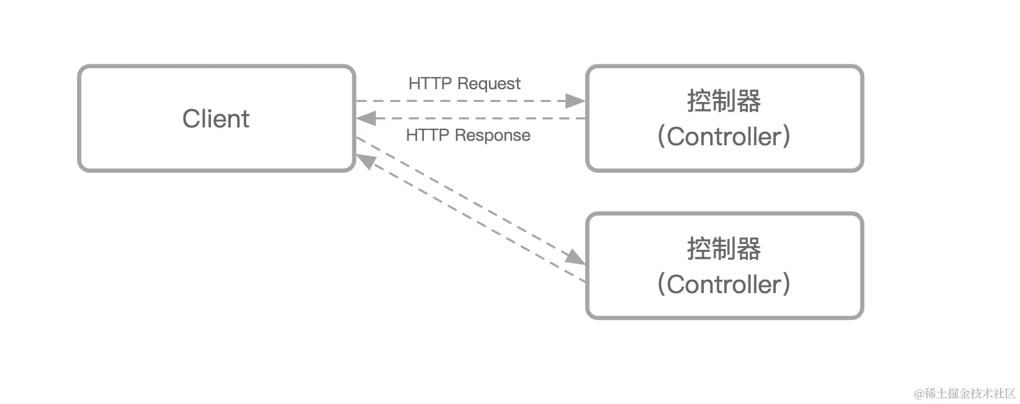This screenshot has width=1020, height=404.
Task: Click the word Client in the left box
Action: (x=215, y=119)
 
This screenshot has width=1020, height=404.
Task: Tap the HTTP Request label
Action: (x=464, y=83)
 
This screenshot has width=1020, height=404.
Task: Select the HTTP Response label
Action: (x=468, y=135)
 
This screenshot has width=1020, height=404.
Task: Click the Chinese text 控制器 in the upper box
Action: (x=724, y=101)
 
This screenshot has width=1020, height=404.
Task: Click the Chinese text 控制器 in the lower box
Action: (x=724, y=249)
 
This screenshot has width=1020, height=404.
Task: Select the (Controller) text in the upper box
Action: (x=724, y=136)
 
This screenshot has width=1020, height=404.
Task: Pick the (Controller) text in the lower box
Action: (x=724, y=284)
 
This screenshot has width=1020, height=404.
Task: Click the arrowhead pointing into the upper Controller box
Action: (x=576, y=101)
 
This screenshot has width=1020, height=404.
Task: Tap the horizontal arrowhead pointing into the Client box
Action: (x=365, y=119)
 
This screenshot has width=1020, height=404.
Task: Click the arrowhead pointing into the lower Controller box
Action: (x=576, y=257)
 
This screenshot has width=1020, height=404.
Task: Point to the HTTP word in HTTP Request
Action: (x=430, y=83)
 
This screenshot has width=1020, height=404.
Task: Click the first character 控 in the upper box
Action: (x=699, y=101)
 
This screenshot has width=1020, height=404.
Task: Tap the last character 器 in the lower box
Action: (x=748, y=249)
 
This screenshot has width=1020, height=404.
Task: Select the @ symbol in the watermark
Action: (x=919, y=394)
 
